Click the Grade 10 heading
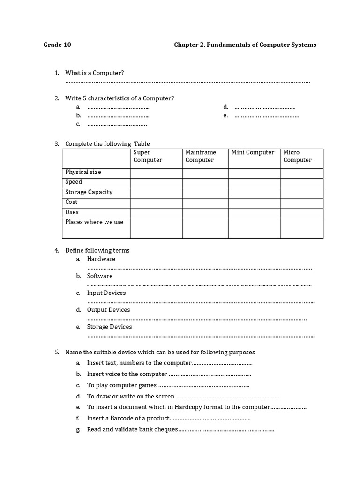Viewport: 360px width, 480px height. tap(57, 45)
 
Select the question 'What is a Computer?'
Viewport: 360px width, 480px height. tap(94, 73)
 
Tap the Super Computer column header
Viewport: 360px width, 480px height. tap(148, 156)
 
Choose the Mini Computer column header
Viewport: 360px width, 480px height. tap(253, 152)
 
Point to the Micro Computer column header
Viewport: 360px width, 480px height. tap(297, 156)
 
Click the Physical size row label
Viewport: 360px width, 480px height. tap(83, 172)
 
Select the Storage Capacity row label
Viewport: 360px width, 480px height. tap(89, 192)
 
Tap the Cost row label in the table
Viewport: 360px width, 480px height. tap(71, 202)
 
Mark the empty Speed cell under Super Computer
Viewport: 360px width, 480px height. tap(156, 183)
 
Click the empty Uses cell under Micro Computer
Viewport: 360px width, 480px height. tap(301, 213)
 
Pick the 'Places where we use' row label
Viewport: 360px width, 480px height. tap(94, 222)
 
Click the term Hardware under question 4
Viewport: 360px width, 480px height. tap(101, 259)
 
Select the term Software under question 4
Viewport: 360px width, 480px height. tap(99, 276)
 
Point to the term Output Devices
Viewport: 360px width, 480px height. tap(108, 310)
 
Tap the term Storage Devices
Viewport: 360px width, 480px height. tap(109, 327)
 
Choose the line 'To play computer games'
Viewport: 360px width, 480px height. tap(121, 385)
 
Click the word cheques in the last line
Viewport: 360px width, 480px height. tap(166, 429)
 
